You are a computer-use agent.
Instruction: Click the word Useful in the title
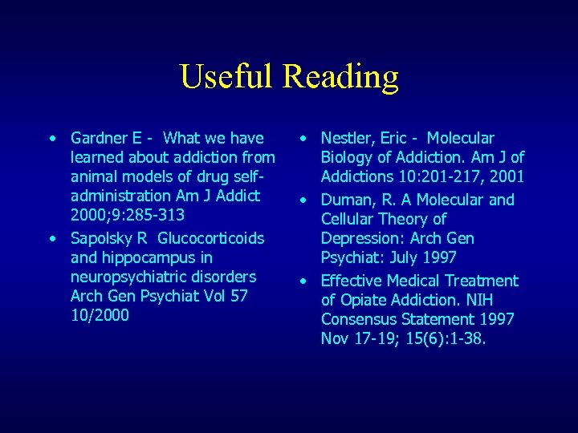click(228, 77)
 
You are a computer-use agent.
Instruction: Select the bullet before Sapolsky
click(52, 238)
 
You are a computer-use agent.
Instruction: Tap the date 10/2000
click(100, 315)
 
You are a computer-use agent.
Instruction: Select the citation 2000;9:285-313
click(128, 215)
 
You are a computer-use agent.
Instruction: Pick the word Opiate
click(366, 300)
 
